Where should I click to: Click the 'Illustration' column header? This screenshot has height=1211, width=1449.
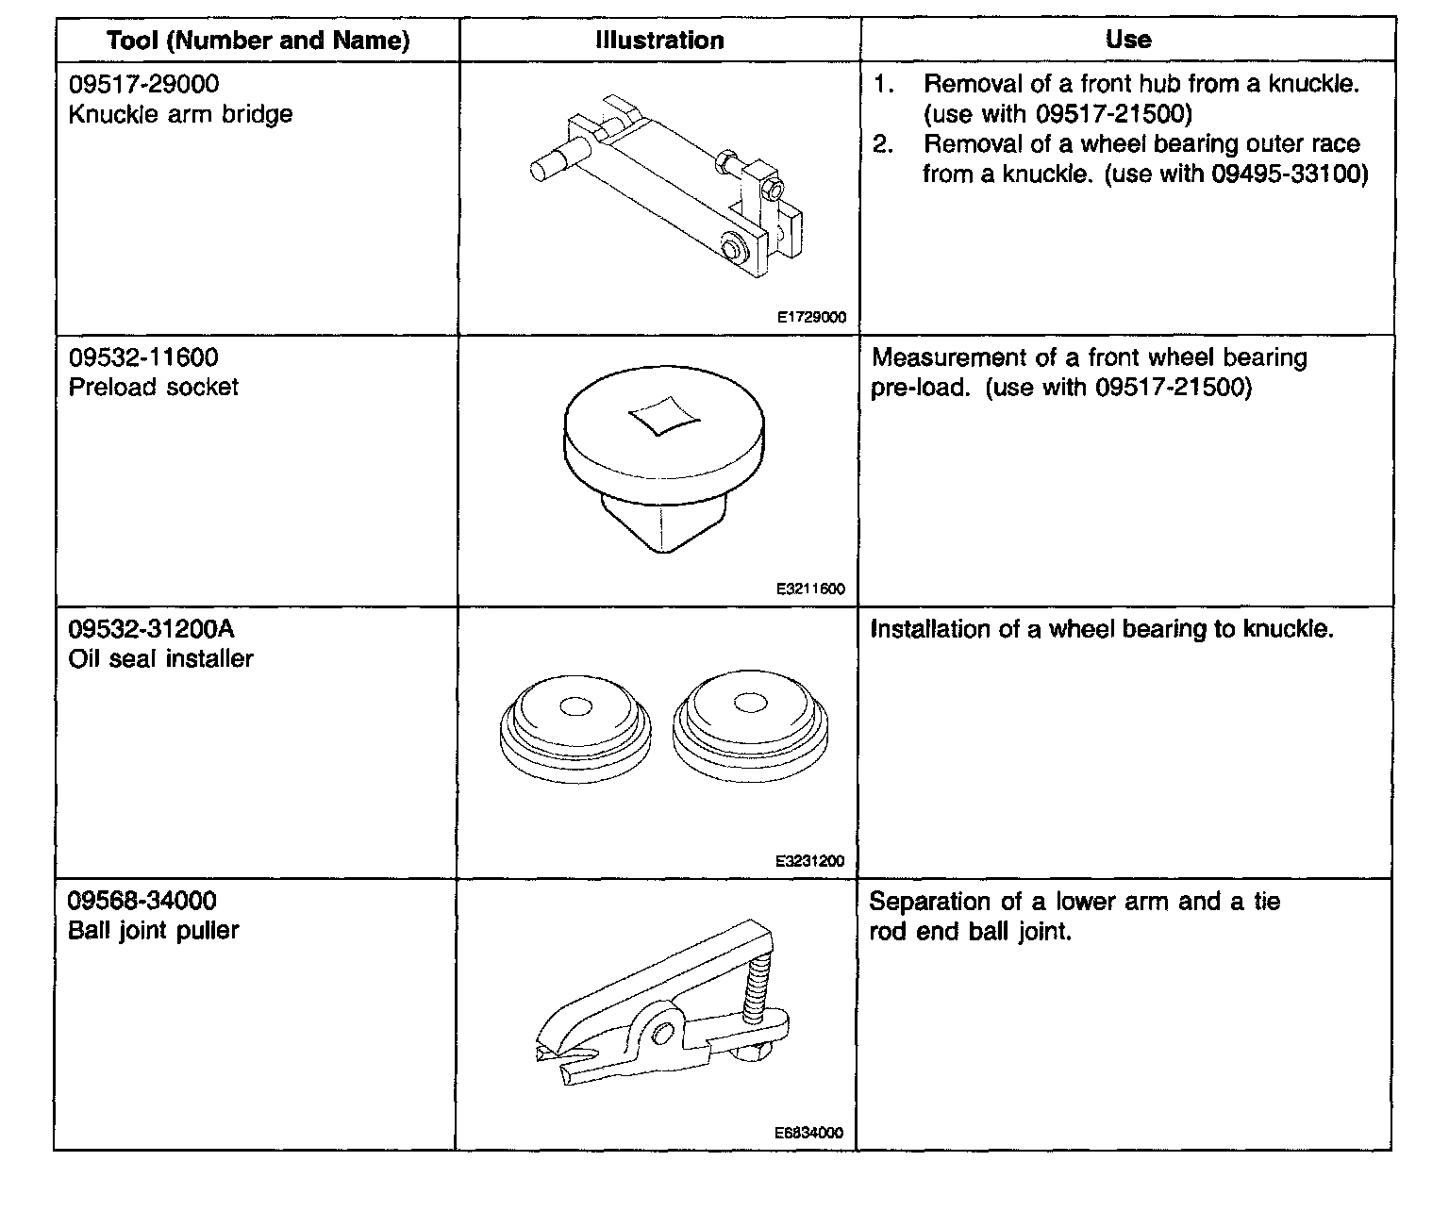point(659,41)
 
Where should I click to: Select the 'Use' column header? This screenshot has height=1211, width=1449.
point(1127,40)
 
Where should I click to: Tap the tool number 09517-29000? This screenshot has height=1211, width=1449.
point(143,84)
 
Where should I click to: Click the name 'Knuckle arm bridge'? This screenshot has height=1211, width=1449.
point(180,114)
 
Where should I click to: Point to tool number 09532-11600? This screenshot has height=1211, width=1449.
point(143,357)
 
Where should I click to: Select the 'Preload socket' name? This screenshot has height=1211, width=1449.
point(153,387)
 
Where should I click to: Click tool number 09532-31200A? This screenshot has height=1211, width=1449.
point(151,629)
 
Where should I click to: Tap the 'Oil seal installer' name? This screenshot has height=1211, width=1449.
point(160,658)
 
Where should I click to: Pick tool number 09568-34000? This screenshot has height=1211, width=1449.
point(142,901)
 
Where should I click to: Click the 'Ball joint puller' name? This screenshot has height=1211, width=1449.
point(153,930)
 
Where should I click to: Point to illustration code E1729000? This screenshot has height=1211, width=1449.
point(811,318)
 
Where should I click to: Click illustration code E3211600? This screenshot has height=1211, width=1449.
point(811,589)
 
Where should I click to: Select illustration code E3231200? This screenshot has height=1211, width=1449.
point(811,861)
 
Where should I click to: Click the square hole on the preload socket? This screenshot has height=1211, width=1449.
point(660,415)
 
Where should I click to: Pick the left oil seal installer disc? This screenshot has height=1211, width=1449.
point(574,731)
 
